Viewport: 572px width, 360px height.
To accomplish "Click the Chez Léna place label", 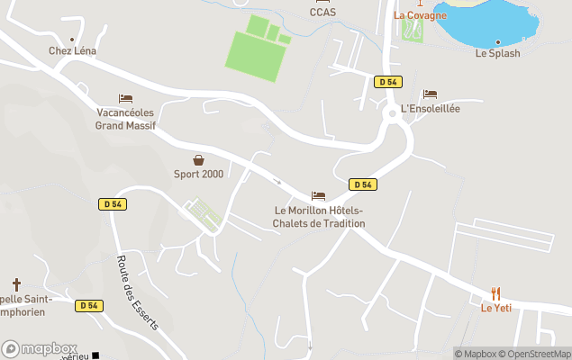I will [x=72, y=51].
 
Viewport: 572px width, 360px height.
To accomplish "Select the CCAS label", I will [x=322, y=12].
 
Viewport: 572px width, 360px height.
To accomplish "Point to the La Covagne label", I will [x=420, y=15].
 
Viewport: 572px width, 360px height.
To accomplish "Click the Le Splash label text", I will [x=497, y=53].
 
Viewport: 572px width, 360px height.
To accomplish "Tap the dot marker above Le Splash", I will [x=497, y=41].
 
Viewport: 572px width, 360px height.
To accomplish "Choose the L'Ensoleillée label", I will [x=431, y=109].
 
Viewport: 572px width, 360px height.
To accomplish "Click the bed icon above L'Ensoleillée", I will [x=430, y=94].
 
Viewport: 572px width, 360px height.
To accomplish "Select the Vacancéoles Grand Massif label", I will [x=126, y=119].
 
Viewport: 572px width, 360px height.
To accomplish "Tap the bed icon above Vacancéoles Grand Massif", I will [x=125, y=98].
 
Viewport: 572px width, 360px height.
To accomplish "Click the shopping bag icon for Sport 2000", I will [x=198, y=159].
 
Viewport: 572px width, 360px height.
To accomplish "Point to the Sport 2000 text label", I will [x=198, y=174].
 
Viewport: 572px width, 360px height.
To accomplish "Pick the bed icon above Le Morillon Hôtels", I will [x=318, y=195].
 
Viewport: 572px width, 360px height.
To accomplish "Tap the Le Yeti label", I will [x=496, y=308].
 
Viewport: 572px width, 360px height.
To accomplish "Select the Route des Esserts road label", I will [x=137, y=292].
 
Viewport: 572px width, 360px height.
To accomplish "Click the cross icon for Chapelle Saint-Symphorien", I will [x=16, y=284].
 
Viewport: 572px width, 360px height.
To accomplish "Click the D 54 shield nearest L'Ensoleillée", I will [x=387, y=82].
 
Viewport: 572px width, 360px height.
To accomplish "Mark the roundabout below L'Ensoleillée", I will [x=392, y=114].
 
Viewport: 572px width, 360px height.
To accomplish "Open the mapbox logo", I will [x=40, y=348].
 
